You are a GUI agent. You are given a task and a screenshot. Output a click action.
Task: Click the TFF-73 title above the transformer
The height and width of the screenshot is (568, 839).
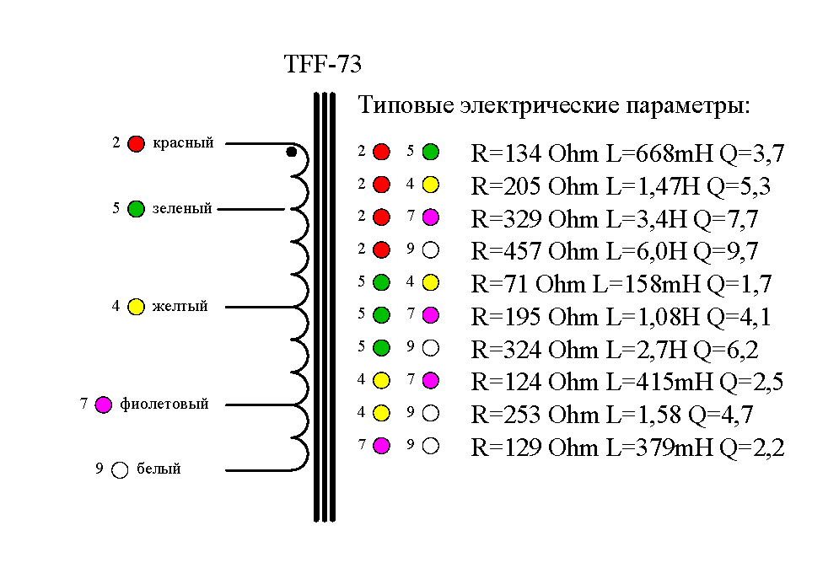click(323, 66)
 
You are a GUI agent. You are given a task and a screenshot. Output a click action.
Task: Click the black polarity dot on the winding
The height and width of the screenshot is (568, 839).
click(291, 153)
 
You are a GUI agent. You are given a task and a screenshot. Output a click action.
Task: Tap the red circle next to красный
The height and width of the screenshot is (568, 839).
click(136, 144)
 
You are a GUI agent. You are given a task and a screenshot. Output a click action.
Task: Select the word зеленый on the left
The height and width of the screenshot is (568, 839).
click(182, 209)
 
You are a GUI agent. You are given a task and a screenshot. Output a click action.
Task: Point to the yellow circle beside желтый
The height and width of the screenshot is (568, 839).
click(136, 307)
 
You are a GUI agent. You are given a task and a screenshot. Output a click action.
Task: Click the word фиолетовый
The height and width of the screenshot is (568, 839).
click(164, 405)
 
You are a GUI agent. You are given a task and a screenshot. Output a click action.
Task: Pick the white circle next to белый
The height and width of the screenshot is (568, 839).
click(120, 470)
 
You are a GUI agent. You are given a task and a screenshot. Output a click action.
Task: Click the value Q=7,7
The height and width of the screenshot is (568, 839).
click(725, 219)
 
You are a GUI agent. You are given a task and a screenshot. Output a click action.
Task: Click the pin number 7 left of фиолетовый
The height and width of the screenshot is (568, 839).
click(84, 405)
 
